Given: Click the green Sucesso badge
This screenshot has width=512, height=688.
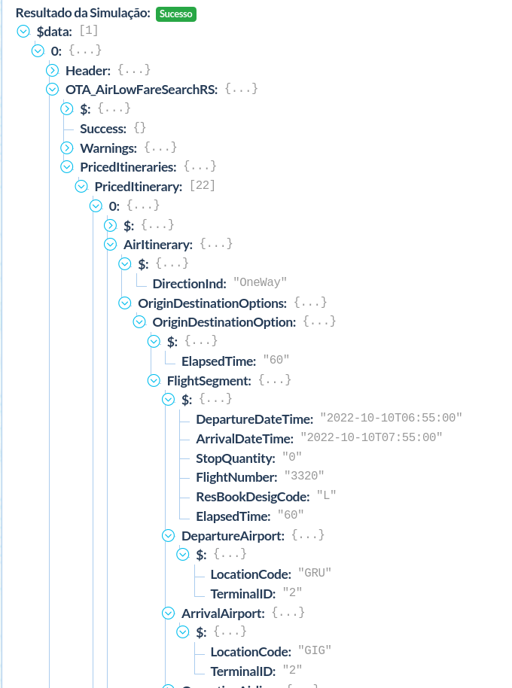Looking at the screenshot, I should pyautogui.click(x=176, y=14).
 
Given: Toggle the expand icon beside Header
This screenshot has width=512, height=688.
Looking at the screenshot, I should pyautogui.click(x=52, y=70).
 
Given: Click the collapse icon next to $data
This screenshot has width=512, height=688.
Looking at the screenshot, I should pyautogui.click(x=23, y=32).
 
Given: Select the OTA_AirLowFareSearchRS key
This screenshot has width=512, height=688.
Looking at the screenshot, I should pyautogui.click(x=142, y=90).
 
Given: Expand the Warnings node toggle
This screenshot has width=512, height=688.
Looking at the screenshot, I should pyautogui.click(x=66, y=148).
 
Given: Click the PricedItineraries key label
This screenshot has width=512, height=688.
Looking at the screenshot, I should pyautogui.click(x=128, y=166).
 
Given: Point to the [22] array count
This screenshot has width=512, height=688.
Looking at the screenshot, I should pyautogui.click(x=202, y=186).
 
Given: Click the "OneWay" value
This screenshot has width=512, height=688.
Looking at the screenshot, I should pyautogui.click(x=260, y=283).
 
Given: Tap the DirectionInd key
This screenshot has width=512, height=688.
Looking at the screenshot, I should pyautogui.click(x=189, y=284).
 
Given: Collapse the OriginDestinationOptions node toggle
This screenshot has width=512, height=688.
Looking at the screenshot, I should pyautogui.click(x=124, y=303).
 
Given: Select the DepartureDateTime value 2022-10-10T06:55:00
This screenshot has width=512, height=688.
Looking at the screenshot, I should pyautogui.click(x=391, y=419).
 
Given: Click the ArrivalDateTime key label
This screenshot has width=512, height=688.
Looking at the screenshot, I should pyautogui.click(x=244, y=438).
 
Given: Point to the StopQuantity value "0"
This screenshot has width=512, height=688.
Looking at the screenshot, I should pyautogui.click(x=291, y=458).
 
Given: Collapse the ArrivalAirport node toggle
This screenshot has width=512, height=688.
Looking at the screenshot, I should pyautogui.click(x=168, y=613).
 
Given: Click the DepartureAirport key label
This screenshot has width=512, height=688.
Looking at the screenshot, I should pyautogui.click(x=233, y=535).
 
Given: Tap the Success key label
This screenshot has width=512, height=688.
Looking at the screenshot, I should pyautogui.click(x=103, y=129).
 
